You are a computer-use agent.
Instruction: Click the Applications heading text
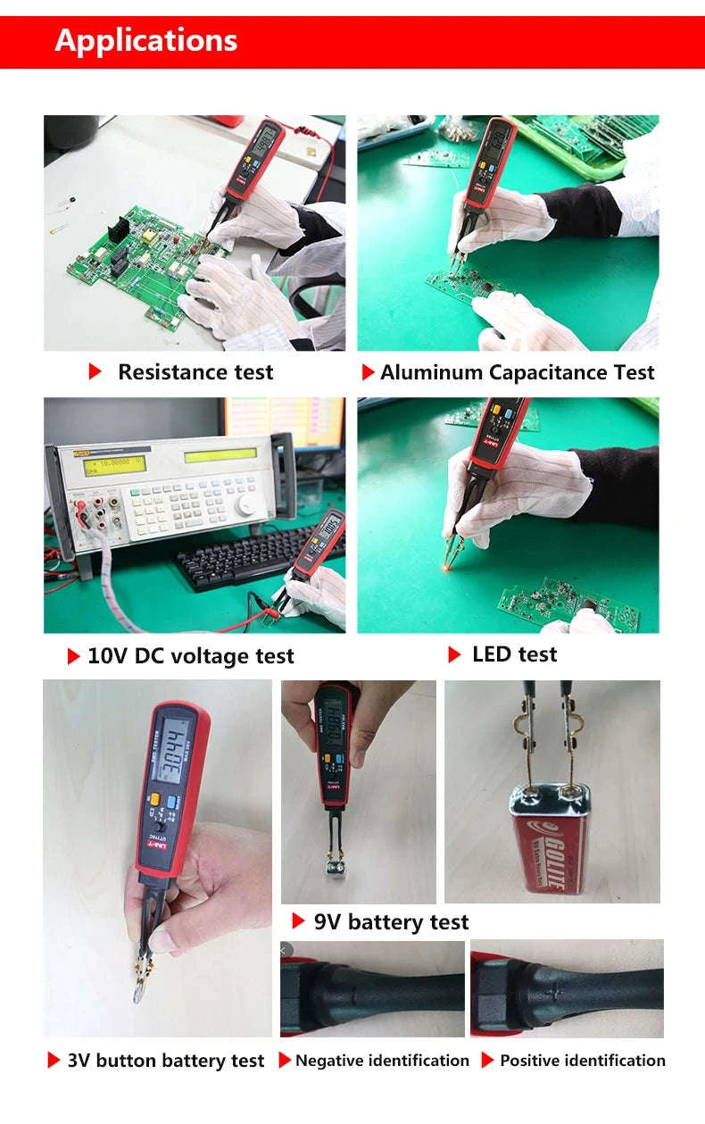pyautogui.click(x=146, y=41)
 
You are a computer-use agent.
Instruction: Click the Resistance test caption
pyautogui.click(x=195, y=372)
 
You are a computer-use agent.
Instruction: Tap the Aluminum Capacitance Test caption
pyautogui.click(x=517, y=372)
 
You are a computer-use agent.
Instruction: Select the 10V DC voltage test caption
pyautogui.click(x=190, y=656)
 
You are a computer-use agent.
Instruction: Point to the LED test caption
pyautogui.click(x=514, y=654)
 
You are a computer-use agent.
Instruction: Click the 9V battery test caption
pyautogui.click(x=391, y=922)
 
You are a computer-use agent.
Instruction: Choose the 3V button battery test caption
pyautogui.click(x=166, y=1061)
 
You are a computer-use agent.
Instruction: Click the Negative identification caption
pyautogui.click(x=382, y=1061)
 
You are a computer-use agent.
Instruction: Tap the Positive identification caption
pyautogui.click(x=582, y=1061)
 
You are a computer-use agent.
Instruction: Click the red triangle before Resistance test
pyautogui.click(x=95, y=372)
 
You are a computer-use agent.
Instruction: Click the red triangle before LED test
pyautogui.click(x=454, y=654)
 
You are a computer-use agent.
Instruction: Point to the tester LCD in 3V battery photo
pyautogui.click(x=177, y=743)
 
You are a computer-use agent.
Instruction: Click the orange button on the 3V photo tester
pyautogui.click(x=154, y=800)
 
